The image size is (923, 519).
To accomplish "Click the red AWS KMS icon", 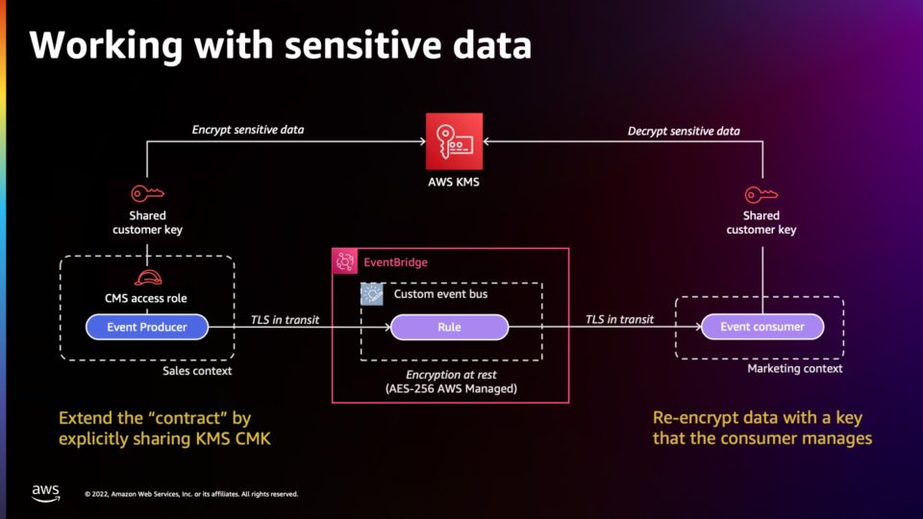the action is (454, 141).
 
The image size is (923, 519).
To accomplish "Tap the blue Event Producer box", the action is (147, 327).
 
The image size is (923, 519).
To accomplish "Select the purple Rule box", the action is (449, 327).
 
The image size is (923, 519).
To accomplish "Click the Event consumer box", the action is (762, 327).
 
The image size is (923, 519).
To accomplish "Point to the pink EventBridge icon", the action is (345, 261).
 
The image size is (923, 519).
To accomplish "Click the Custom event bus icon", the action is (372, 294).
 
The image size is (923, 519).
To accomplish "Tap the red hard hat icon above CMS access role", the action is (148, 277).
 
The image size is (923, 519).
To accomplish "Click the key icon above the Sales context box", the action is (147, 193).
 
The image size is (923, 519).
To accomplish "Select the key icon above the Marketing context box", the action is (761, 194).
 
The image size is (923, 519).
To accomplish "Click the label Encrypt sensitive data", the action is (248, 130).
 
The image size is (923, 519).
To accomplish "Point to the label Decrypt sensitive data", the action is (684, 131).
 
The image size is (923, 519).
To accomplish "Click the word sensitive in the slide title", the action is (363, 46).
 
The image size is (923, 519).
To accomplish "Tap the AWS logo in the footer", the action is (46, 493).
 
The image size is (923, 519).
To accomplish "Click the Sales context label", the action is (197, 371).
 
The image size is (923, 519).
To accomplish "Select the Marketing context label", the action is (795, 368).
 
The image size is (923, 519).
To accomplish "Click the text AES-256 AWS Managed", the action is (451, 388).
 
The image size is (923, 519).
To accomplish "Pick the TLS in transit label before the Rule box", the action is (285, 319).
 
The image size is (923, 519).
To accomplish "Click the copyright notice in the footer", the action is (191, 494).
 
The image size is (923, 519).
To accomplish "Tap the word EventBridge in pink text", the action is (395, 262).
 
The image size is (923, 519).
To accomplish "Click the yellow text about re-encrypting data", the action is (762, 428).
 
